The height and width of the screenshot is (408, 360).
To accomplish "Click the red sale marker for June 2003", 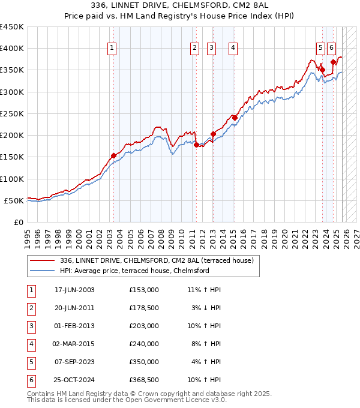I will point(113,155).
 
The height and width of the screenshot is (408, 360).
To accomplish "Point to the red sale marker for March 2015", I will point(235,118).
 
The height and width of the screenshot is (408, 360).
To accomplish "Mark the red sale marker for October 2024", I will point(333,62).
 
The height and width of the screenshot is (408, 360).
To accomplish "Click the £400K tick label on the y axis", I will point(12,49).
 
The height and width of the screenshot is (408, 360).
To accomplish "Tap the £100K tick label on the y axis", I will point(12,179).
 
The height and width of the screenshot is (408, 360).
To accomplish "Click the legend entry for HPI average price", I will point(134,271).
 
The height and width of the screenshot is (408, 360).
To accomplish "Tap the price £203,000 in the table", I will point(144,326).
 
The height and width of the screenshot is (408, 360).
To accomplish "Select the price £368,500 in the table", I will point(144,380).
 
